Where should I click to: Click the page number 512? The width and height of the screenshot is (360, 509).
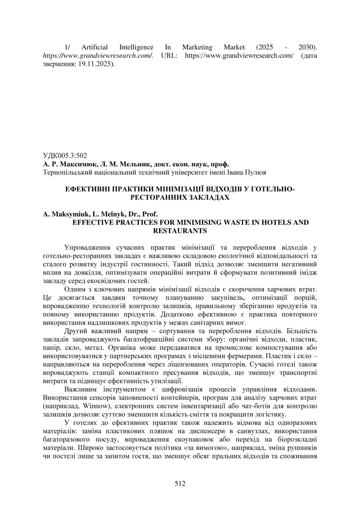pos(180,484)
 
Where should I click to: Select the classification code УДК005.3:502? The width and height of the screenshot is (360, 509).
pos(65,156)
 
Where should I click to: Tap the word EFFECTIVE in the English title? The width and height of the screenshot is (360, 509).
pos(92,222)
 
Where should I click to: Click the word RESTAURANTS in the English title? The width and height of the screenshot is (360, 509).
pos(180,231)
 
